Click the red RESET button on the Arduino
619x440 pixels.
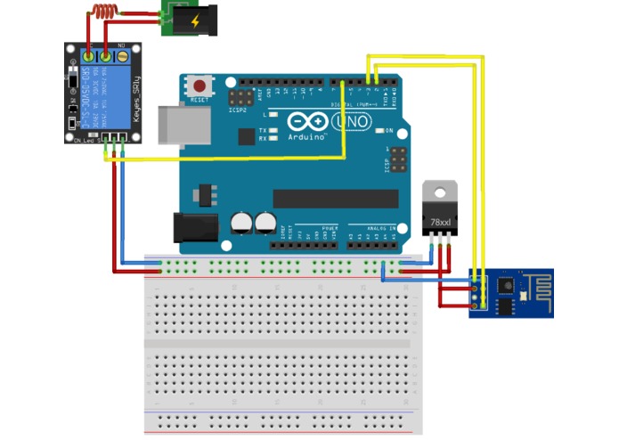click(x=200, y=86)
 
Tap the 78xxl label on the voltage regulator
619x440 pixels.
click(x=440, y=221)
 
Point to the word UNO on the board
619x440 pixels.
click(x=351, y=123)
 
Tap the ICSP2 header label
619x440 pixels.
click(x=237, y=111)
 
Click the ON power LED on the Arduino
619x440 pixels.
click(x=379, y=131)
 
